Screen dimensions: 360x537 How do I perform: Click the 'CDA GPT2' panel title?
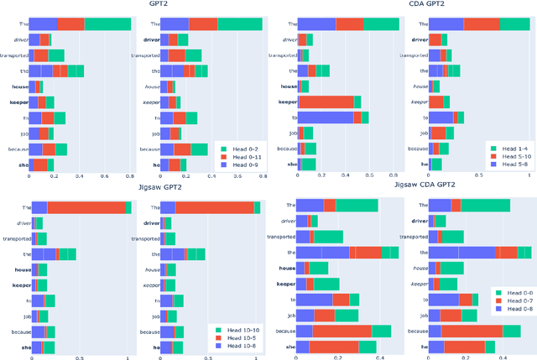pyautogui.click(x=404, y=5)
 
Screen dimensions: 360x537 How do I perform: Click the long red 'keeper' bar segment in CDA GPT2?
pyautogui.click(x=326, y=102)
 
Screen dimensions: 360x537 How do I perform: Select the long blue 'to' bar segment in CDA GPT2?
pyautogui.click(x=326, y=117)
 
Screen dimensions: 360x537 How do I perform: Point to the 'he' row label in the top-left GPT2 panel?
pyautogui.click(x=156, y=164)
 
